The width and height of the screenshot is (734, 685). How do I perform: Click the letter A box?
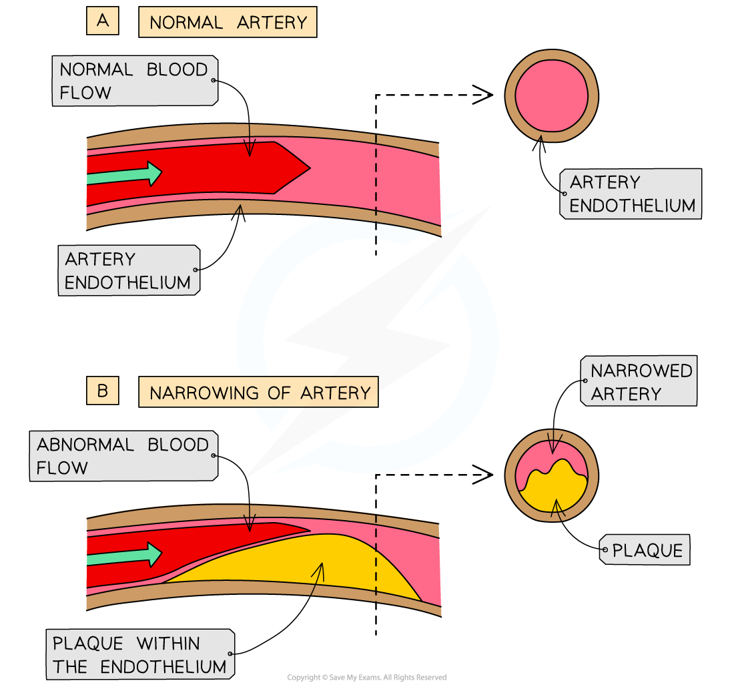click(102, 21)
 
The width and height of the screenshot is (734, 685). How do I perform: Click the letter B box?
click(102, 391)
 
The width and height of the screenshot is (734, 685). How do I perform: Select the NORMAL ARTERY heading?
click(228, 23)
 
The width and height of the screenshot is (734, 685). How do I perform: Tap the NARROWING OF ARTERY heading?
click(258, 393)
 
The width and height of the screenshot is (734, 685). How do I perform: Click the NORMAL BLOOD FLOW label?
click(134, 81)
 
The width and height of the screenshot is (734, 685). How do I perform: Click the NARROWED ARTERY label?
click(640, 381)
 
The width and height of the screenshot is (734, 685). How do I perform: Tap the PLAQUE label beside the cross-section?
click(647, 551)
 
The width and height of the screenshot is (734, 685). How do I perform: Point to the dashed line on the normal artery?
click(376, 180)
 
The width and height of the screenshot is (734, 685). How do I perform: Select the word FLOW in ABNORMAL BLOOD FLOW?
click(62, 468)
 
